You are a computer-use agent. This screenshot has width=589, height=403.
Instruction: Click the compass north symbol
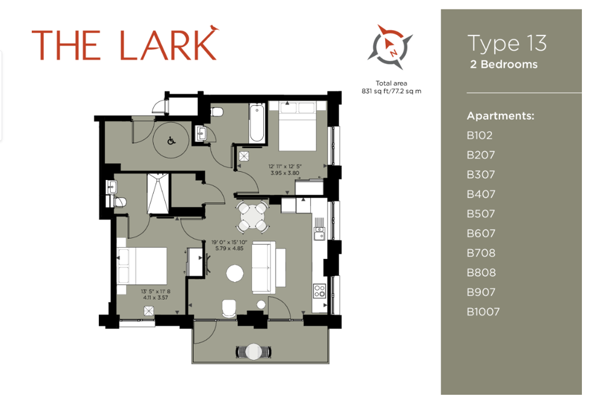(390, 47)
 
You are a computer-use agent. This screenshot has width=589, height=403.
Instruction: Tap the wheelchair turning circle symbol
(171, 141)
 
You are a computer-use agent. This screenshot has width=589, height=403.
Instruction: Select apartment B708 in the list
(481, 253)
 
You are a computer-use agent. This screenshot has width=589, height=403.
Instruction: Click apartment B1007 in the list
(483, 312)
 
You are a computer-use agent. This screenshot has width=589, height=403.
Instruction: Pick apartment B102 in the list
(479, 135)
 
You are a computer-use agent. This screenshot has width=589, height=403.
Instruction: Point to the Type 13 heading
(507, 43)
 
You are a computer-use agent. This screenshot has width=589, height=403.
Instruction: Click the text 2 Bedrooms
(504, 64)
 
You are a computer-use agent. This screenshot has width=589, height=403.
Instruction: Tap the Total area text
(392, 83)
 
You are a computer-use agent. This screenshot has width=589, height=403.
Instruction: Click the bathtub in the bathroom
(257, 123)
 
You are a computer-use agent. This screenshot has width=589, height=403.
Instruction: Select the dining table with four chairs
(253, 217)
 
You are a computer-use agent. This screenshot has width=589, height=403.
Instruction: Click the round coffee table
(235, 274)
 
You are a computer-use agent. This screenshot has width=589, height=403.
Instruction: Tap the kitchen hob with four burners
(320, 291)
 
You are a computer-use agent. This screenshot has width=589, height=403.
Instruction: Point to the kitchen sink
(320, 233)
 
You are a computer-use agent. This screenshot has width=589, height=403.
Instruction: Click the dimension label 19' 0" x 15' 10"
(229, 243)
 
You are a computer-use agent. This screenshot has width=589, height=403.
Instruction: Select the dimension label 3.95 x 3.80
(284, 173)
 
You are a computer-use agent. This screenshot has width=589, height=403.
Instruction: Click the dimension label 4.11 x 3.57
(155, 297)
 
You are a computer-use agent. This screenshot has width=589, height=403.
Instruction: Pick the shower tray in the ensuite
(158, 194)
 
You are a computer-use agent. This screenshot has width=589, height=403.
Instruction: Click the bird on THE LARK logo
(214, 28)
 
